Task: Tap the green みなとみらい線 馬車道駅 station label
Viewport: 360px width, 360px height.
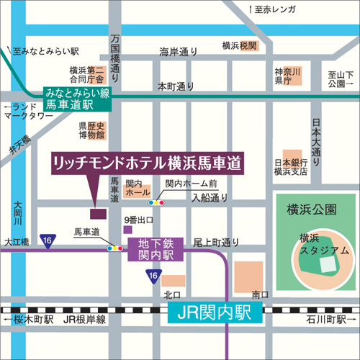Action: pos(77,99)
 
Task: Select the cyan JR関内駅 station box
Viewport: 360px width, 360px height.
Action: pos(214,313)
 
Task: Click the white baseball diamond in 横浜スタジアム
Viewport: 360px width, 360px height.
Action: pos(328,264)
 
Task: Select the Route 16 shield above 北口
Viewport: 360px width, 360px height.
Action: pos(153,276)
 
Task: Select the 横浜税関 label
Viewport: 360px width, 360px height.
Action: pos(239,45)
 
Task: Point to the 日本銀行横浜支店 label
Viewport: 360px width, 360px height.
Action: pos(291,167)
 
